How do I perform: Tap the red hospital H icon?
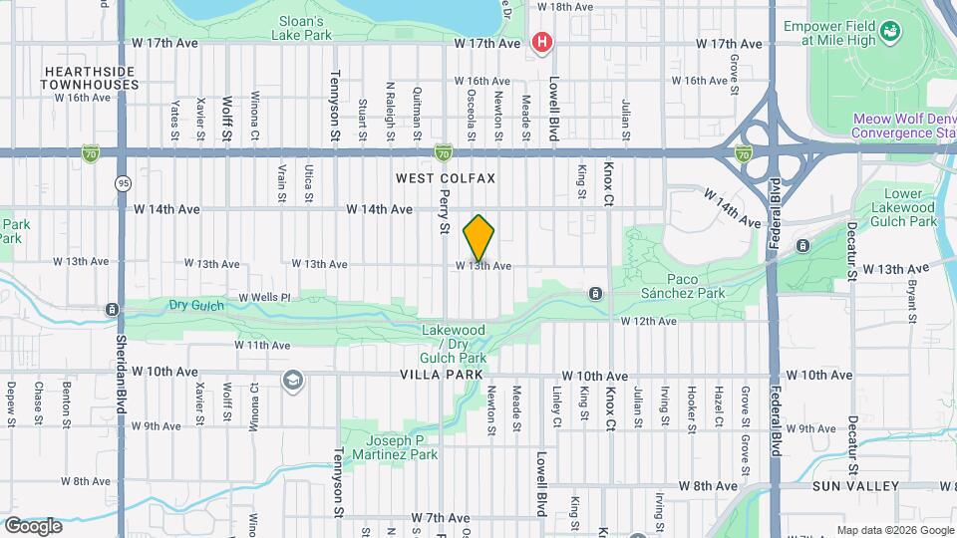[x=542, y=42]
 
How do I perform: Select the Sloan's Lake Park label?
[x=301, y=27]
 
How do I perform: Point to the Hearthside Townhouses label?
[x=90, y=78]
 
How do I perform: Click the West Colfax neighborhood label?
[x=446, y=178]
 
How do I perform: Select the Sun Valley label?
[x=857, y=486]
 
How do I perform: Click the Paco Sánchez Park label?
[x=683, y=287]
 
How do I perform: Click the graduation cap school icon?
[x=293, y=380]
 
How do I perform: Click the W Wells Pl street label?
[x=264, y=297]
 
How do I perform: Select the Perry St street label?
[x=445, y=213]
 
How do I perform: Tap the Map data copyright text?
[x=893, y=529]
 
